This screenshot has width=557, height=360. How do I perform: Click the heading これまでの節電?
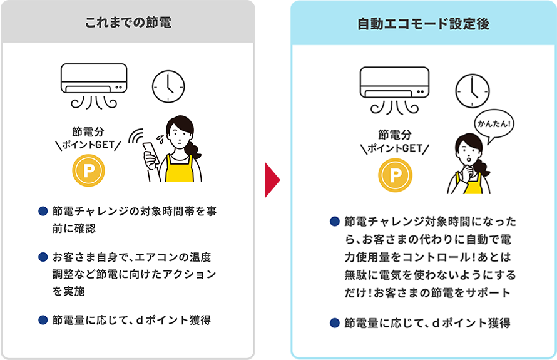coord(128,23)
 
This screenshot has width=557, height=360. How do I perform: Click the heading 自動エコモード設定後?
coord(424,24)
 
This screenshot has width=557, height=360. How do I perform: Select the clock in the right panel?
coord(471,90)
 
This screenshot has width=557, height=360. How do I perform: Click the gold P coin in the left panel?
coord(89,170)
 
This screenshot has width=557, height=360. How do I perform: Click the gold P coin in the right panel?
coord(395,175)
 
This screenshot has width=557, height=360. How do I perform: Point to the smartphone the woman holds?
coord(151,153)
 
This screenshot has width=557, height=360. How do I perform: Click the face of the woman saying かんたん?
coord(468,151)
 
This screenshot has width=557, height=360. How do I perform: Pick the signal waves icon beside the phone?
coord(137,137)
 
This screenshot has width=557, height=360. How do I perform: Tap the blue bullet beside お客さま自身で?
coord(43,257)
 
